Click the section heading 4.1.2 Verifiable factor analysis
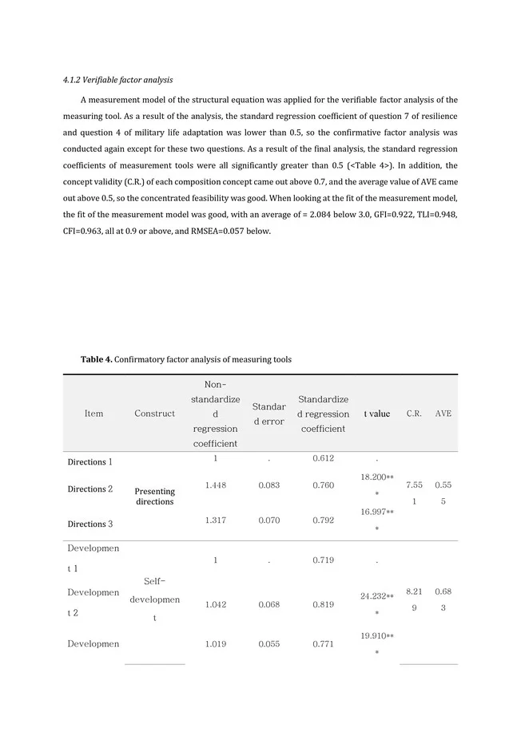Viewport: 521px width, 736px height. tap(117, 81)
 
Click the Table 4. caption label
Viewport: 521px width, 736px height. tap(96, 360)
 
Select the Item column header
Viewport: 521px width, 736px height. tap(93, 414)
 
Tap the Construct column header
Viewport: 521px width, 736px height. tap(154, 414)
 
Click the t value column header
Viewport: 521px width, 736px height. tap(376, 414)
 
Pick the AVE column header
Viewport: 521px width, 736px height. tap(443, 414)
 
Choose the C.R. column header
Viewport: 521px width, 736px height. tap(414, 414)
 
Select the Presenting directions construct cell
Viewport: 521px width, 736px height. tap(154, 497)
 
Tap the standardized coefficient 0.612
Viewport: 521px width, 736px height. tap(323, 458)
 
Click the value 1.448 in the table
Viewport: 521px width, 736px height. tap(215, 485)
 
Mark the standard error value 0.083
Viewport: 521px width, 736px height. tap(269, 485)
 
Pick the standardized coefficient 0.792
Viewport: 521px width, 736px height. tap(323, 523)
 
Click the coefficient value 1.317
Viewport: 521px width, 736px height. tap(215, 523)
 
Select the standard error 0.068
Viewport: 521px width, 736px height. tap(269, 604)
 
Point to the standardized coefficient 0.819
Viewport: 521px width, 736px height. tap(323, 604)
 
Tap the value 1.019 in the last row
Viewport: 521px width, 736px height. tap(215, 643)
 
